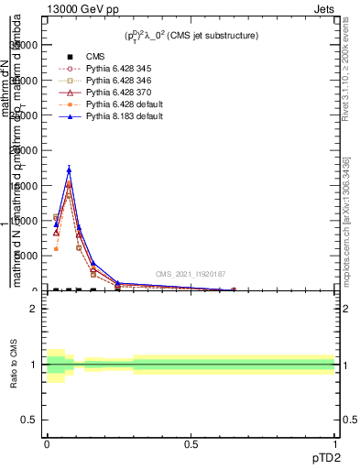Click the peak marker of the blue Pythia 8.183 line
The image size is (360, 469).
tap(69, 169)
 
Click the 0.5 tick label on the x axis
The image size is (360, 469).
tap(191, 443)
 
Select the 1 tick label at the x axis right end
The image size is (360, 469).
tap(335, 443)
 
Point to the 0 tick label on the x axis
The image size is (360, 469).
tap(47, 443)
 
